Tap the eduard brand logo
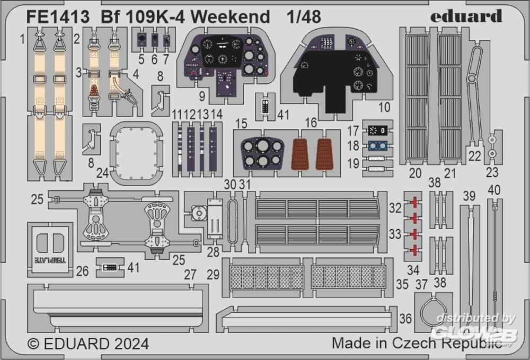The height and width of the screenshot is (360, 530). tap(465, 16)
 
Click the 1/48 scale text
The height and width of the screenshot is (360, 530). tap(304, 17)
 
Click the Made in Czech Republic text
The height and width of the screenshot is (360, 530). tap(417, 343)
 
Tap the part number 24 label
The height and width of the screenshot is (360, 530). tap(103, 173)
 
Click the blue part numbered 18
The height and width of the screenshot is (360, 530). tap(377, 146)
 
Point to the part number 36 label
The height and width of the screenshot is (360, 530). tap(406, 318)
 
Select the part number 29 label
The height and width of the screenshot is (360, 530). tap(214, 275)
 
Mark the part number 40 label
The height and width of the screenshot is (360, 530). tap(494, 189)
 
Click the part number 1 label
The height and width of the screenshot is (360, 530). tap(23, 38)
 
